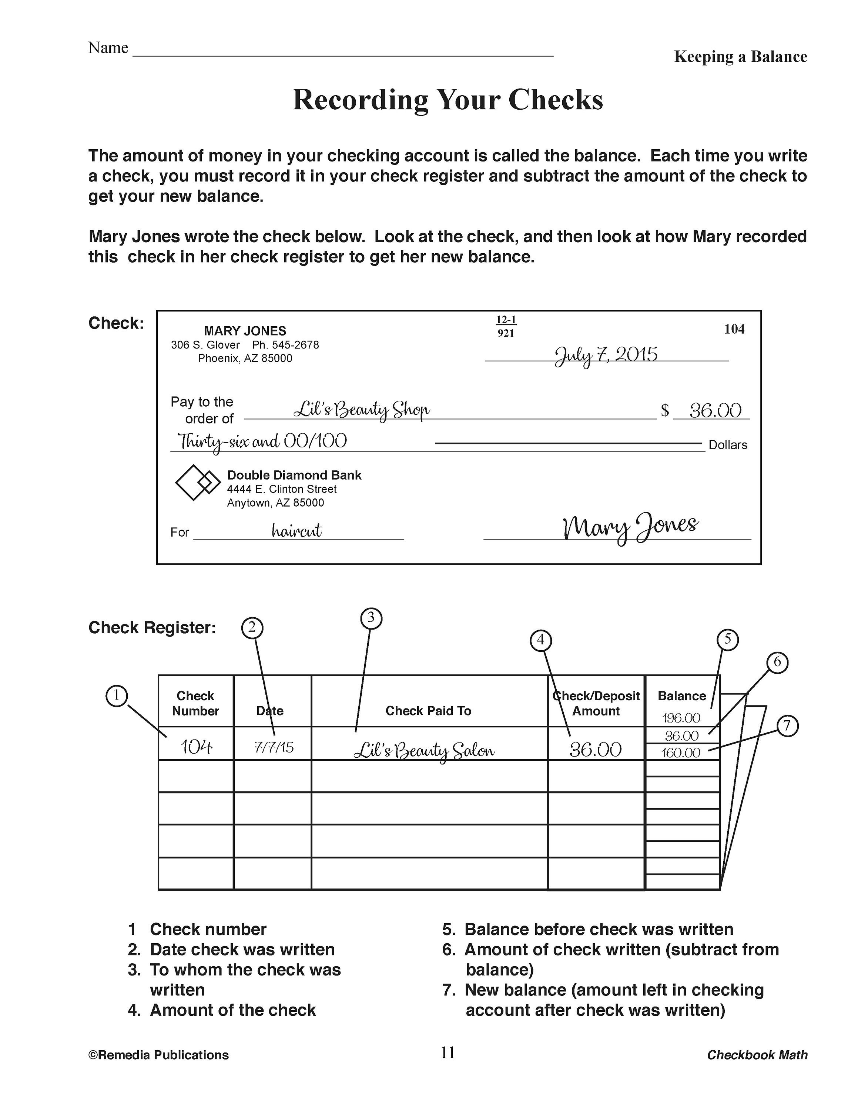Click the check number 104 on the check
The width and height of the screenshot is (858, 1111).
point(734,329)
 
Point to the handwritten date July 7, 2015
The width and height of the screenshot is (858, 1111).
point(606,354)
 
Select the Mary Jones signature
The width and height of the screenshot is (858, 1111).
point(630,527)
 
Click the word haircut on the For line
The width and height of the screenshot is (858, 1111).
point(296,531)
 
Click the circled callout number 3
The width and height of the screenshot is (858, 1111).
point(371,618)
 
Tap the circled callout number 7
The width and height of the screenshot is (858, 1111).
point(787,725)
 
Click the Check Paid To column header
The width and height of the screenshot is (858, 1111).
point(428,711)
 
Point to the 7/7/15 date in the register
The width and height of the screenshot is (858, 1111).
point(274,747)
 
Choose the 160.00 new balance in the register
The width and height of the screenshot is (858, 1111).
point(681,753)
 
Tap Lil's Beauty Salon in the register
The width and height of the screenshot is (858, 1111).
point(423,750)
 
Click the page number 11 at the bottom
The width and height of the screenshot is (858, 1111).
point(447,1052)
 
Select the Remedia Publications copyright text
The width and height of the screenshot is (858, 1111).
point(158,1055)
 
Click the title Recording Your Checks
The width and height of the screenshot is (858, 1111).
point(447,99)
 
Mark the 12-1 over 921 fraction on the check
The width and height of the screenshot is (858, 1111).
point(506,326)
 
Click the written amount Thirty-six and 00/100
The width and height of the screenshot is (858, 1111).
point(262,441)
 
